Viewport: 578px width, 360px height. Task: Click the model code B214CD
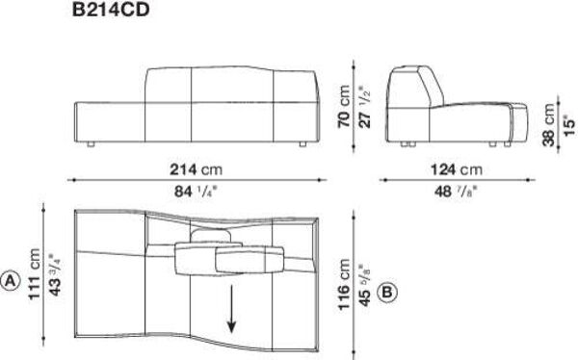point(111,10)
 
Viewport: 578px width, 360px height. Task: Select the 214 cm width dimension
point(197,169)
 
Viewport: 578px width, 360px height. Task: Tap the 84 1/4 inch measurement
point(196,192)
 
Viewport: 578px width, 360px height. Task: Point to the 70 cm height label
point(344,106)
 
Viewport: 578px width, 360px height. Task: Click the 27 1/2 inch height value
point(364,107)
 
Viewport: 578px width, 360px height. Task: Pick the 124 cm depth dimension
point(457,169)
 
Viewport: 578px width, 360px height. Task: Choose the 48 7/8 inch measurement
point(456,192)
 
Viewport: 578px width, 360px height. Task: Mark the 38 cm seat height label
point(548,124)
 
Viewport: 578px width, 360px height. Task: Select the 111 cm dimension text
point(35,274)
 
